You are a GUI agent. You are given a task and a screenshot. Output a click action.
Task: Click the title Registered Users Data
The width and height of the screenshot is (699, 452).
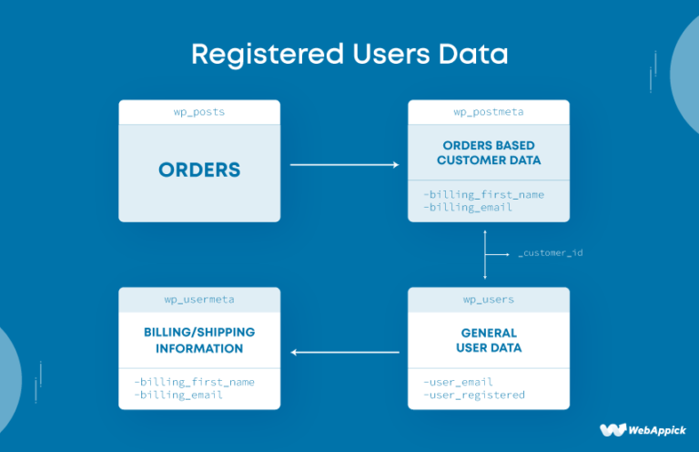click(x=349, y=54)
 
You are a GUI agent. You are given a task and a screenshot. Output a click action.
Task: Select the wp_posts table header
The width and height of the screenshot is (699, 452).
click(x=199, y=112)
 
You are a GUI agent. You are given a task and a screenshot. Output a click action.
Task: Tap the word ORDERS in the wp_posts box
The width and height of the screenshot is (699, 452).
click(x=199, y=169)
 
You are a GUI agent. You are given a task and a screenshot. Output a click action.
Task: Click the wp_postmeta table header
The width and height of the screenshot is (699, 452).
click(x=488, y=112)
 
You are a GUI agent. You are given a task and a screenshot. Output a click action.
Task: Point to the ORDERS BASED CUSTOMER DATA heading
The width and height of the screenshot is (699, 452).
click(x=488, y=152)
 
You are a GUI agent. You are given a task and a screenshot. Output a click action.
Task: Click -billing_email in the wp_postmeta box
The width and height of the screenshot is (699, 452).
click(x=467, y=207)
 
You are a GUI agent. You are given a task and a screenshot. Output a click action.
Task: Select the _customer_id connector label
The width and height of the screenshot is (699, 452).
click(x=550, y=252)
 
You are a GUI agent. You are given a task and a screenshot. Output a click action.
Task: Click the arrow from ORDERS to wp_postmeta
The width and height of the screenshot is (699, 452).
click(x=344, y=165)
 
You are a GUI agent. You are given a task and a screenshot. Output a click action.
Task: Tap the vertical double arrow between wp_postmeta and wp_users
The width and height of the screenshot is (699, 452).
click(x=485, y=254)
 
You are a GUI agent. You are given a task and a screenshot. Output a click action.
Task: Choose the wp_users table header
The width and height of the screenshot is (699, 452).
click(x=488, y=300)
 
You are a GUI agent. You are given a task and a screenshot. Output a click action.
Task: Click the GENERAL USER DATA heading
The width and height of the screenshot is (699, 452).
click(x=488, y=340)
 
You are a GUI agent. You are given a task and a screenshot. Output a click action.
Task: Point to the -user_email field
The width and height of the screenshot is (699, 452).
click(x=458, y=382)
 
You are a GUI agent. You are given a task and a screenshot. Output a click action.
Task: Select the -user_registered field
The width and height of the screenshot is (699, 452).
click(x=473, y=395)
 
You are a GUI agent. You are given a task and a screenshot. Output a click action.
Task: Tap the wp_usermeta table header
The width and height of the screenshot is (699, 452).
click(x=199, y=300)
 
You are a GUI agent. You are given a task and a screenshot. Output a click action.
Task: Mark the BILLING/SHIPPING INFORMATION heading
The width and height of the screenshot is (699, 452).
click(x=199, y=340)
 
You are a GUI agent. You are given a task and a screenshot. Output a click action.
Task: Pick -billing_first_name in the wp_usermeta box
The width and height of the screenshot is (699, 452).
click(x=194, y=382)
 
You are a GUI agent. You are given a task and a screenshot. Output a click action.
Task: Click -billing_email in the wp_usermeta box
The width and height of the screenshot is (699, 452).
click(x=177, y=395)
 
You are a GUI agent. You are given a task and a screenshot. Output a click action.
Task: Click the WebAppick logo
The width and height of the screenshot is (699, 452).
click(x=643, y=429)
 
